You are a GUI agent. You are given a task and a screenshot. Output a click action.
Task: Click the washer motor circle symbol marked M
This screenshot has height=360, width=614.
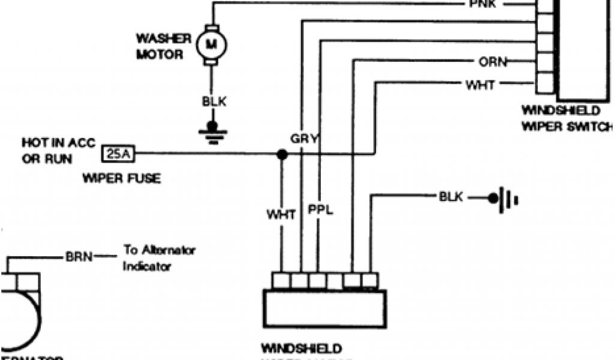coord(210,43)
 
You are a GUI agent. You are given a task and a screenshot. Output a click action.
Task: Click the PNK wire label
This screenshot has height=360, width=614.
coord(483,5)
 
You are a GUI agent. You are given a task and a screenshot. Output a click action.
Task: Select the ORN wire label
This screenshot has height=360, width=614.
coord(493,62)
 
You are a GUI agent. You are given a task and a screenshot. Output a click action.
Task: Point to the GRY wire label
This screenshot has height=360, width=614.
coord(304,139)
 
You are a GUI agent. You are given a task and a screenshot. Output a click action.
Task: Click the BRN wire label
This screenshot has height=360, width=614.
coord(79,257)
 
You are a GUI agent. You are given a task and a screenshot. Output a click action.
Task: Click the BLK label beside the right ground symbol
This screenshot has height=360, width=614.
coord(451,197)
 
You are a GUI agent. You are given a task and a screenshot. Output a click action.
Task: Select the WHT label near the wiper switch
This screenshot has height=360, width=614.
coord(480,85)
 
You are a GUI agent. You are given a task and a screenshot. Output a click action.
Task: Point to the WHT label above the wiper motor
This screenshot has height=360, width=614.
coord(281,214)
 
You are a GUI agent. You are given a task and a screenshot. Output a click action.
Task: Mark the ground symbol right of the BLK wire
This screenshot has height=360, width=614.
coord(502,198)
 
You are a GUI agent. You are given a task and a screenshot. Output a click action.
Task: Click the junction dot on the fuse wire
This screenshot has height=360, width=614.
coord(282,154)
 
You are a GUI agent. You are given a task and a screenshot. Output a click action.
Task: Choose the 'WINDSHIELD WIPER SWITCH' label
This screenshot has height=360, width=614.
coord(567,118)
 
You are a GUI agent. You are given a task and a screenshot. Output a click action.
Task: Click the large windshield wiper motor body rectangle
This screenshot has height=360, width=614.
coord(324,308)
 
